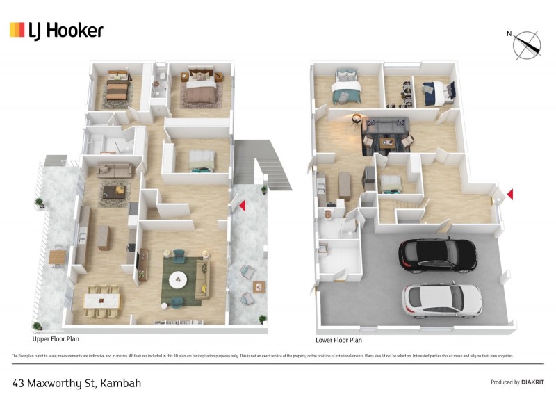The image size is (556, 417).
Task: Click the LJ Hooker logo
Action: click(x=56, y=30)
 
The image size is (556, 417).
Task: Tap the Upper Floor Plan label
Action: click(x=58, y=341)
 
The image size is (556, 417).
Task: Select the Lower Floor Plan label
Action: click(x=338, y=341)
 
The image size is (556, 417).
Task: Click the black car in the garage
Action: click(x=437, y=254)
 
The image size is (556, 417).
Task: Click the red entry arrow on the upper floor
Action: click(x=242, y=206)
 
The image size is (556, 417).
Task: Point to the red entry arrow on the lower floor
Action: click(x=510, y=194)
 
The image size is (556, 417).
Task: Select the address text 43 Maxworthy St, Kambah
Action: click(x=76, y=383)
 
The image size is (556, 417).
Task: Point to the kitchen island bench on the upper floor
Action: click(x=104, y=237)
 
